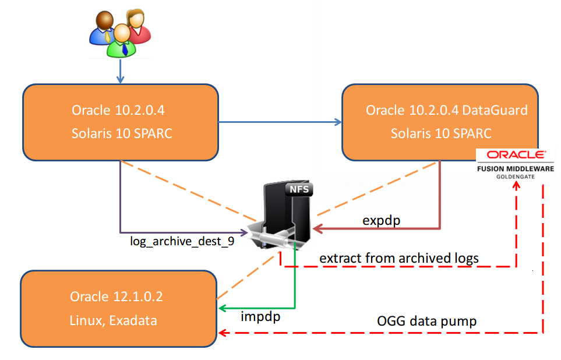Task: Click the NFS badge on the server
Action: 299,189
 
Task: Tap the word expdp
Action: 381,220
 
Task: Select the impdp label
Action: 260,316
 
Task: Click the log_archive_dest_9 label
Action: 182,241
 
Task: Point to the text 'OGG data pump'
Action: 426,321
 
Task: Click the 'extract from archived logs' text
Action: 399,258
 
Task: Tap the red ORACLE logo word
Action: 516,154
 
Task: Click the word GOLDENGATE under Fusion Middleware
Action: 515,177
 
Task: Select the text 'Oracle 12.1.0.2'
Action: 117,297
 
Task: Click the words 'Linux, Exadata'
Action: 113,320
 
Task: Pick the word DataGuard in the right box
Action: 495,110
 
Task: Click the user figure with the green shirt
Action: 122,41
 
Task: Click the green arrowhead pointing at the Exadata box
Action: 223,308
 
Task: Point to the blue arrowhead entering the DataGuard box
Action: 338,122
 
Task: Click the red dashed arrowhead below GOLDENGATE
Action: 516,185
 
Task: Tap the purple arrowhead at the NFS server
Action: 244,232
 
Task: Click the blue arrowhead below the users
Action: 120,79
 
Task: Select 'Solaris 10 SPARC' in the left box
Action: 122,133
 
